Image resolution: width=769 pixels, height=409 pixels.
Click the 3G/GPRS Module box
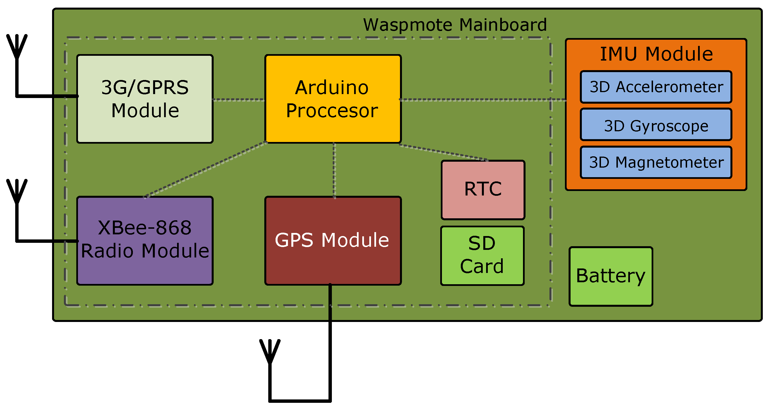click(x=145, y=99)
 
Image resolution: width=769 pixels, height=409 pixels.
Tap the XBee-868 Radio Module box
click(x=145, y=241)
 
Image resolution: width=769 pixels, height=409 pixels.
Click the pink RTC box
click(x=483, y=190)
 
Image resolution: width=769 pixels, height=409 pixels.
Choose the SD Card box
click(x=482, y=255)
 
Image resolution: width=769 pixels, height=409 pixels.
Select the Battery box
click(x=611, y=276)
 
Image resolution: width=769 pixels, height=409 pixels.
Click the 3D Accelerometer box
click(x=656, y=87)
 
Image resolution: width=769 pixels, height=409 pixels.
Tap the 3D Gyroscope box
click(x=656, y=125)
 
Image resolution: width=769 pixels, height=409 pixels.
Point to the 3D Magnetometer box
click(x=656, y=163)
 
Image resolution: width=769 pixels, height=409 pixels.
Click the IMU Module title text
click(x=656, y=54)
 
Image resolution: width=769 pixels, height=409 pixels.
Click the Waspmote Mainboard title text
click(x=455, y=25)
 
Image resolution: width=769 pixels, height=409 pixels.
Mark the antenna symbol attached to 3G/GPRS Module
click(x=17, y=48)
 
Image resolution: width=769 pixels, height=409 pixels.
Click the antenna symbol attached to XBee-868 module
click(x=17, y=193)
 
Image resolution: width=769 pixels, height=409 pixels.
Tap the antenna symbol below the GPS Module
click(x=270, y=353)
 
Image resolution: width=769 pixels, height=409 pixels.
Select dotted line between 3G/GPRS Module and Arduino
click(x=238, y=100)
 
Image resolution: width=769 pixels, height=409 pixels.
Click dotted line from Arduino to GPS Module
click(x=334, y=170)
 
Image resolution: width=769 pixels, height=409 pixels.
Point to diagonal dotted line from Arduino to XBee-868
click(x=206, y=170)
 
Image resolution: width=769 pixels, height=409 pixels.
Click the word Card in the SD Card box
click(x=482, y=266)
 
